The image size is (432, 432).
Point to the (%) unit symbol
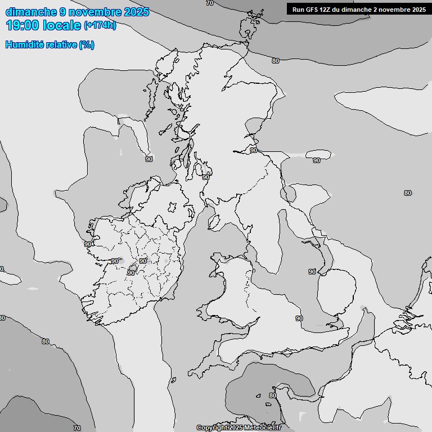(x=87, y=45)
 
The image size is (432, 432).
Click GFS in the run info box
(x=313, y=9)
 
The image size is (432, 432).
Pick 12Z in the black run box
(x=328, y=9)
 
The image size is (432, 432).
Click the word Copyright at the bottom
(x=212, y=428)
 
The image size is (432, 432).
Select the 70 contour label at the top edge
(x=210, y=3)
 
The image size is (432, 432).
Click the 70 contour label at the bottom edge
(x=77, y=428)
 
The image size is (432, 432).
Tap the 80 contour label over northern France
(x=272, y=395)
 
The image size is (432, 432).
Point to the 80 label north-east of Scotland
(x=275, y=61)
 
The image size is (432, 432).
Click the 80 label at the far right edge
(x=407, y=193)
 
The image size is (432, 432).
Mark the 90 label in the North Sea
(x=317, y=160)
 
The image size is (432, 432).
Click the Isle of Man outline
(x=214, y=222)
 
